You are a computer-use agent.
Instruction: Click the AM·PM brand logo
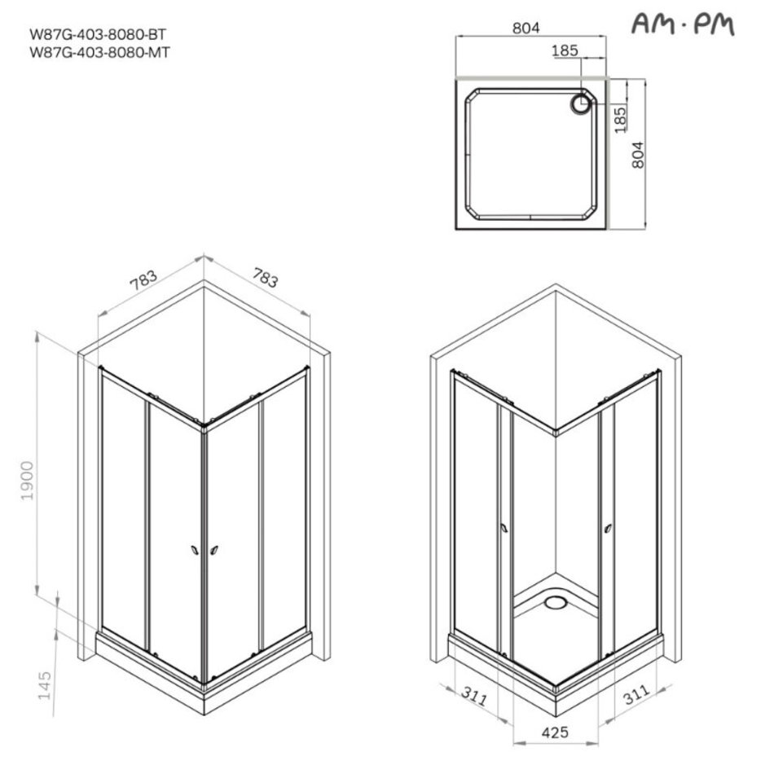(683, 24)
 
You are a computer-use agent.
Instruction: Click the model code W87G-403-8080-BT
(99, 34)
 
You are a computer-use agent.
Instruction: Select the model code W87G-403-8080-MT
(99, 52)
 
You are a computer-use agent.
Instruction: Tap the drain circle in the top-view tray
(581, 103)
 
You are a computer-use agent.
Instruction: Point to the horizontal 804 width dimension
(526, 29)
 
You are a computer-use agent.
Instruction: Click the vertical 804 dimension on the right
(638, 155)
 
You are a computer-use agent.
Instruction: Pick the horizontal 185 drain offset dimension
(565, 51)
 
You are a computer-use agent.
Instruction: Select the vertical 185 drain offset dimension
(620, 120)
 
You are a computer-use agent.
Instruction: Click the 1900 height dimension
(27, 481)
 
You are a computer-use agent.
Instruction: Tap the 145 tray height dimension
(45, 684)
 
